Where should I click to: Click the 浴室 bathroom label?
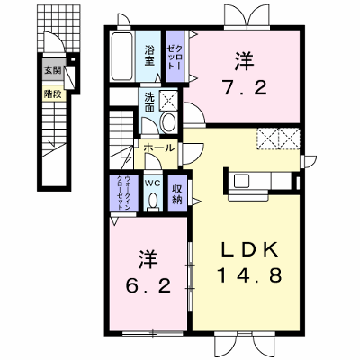[149, 56]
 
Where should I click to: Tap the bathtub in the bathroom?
[122, 56]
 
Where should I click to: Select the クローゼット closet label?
[175, 58]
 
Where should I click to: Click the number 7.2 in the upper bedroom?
[244, 88]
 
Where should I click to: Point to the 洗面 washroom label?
[149, 102]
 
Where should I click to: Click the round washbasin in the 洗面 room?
[169, 121]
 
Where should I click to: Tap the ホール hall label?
[158, 148]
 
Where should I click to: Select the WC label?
[153, 183]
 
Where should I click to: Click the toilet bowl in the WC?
[153, 200]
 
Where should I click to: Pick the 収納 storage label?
[177, 194]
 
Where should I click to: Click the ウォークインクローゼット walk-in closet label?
[123, 193]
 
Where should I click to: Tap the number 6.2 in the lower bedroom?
[148, 286]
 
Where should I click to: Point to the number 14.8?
[250, 275]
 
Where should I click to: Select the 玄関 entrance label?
[52, 70]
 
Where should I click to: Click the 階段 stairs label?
[52, 94]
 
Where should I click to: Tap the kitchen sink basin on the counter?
[241, 181]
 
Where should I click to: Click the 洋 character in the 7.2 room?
[244, 61]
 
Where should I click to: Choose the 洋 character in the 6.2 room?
[148, 259]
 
